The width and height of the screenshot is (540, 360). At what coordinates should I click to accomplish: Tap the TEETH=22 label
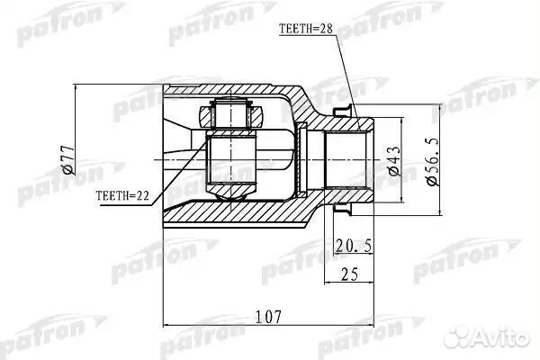pos(119,194)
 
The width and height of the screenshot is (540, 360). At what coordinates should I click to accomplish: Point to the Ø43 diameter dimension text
pos(392,160)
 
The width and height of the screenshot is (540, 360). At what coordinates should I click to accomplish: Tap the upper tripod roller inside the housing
pos(230,114)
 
